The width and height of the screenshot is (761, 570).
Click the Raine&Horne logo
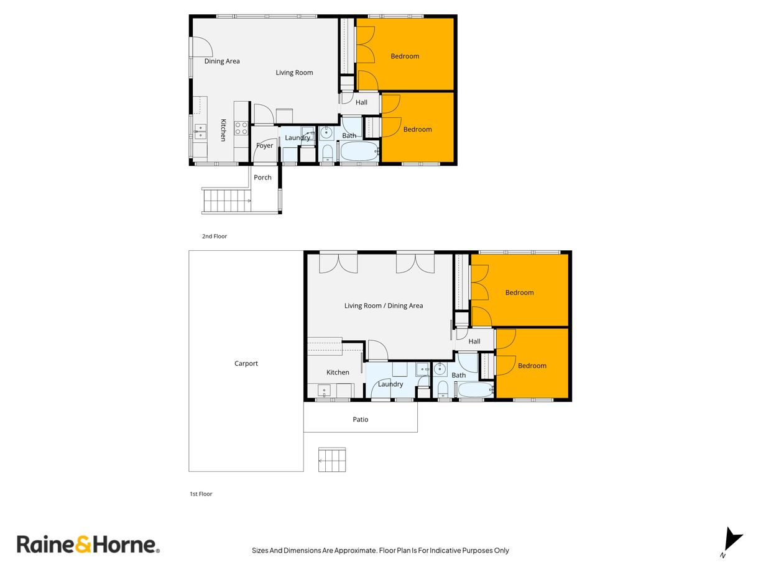pos(88,545)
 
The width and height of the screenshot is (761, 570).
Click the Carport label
pos(246,364)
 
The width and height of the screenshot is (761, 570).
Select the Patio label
pos(361,420)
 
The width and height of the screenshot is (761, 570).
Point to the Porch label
pos(263,178)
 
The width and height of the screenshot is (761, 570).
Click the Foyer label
pos(265,146)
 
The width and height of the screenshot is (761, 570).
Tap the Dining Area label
pos(222,61)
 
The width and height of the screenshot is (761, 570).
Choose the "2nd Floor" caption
pos(214,236)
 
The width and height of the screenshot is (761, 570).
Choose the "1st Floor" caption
pos(201,494)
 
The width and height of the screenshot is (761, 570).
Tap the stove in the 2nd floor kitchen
pos(241,128)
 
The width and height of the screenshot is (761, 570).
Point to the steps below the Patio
pos(331,459)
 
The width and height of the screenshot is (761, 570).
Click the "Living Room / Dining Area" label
pos(384,305)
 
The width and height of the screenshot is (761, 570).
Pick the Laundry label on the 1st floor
pos(390,384)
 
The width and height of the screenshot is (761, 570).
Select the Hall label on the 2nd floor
pos(361,102)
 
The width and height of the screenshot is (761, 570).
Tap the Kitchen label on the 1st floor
pos(338,373)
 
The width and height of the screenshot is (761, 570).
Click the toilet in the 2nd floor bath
pos(328,153)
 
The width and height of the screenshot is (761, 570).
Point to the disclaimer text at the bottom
pos(380,550)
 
